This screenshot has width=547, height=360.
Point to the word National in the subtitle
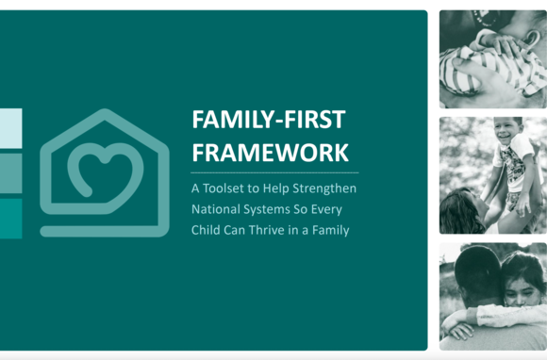pos(216,209)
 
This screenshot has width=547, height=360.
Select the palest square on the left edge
pos(10,128)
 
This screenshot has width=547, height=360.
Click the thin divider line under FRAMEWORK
pos(273,172)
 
